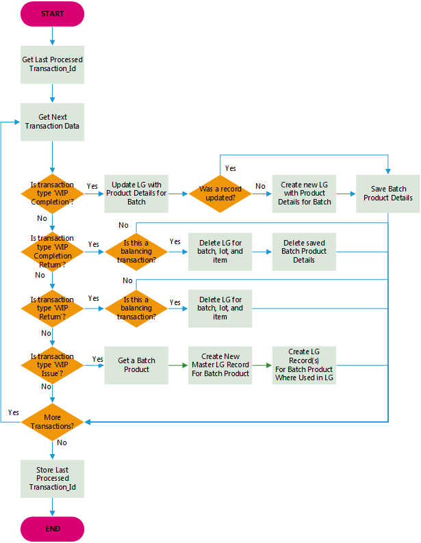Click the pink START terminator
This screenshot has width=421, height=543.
point(53,14)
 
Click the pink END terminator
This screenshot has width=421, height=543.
point(53,529)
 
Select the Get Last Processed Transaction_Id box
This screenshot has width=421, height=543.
point(53,65)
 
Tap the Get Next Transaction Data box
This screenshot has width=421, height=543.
point(53,122)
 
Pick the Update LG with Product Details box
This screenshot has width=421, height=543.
point(136,194)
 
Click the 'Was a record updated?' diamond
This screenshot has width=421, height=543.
point(220,194)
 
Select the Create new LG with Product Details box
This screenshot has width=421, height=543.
point(305,194)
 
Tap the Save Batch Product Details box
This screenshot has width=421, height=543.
point(388,194)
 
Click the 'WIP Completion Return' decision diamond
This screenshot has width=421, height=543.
point(53,251)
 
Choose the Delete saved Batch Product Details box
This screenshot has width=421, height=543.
point(305,251)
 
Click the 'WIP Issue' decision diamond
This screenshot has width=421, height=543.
point(53,365)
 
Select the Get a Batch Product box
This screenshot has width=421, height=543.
point(136,365)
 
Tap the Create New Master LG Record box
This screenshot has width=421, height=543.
point(220,365)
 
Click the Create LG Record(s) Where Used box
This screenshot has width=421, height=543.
point(305,365)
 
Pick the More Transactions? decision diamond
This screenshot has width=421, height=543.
point(53,422)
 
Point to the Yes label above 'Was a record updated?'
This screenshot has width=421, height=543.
point(231,168)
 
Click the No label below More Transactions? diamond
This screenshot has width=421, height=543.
point(62,442)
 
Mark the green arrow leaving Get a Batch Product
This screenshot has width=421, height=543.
point(178,365)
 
